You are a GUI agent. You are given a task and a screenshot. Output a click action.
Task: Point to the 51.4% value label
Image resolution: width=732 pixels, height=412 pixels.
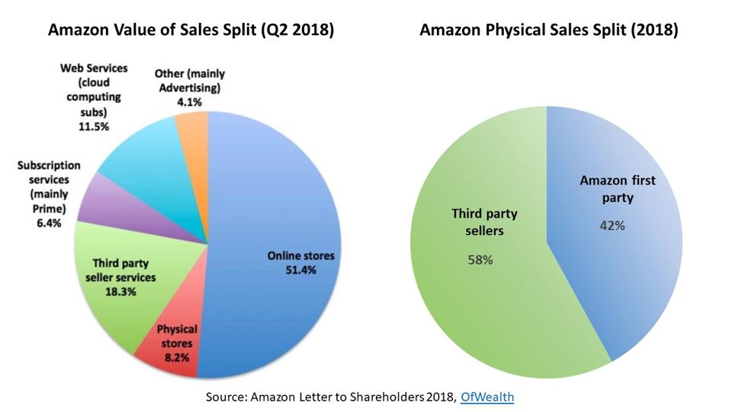click(301, 269)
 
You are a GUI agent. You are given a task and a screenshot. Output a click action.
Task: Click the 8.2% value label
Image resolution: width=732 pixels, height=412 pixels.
click(176, 356)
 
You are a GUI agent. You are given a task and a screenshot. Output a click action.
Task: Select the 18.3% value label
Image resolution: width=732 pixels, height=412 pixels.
click(120, 291)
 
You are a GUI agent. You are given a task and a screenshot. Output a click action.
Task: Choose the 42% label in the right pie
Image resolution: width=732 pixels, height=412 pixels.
click(613, 226)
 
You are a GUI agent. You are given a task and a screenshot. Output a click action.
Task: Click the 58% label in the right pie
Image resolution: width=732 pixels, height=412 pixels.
click(480, 259)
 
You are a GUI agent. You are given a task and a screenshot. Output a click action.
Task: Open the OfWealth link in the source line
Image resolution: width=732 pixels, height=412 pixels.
click(487, 398)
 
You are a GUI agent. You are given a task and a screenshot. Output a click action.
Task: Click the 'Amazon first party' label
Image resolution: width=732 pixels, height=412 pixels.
click(618, 188)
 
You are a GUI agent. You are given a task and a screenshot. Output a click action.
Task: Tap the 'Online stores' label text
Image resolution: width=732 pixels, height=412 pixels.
click(300, 256)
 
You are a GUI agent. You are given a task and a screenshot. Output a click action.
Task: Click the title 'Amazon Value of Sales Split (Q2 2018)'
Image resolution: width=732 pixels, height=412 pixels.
click(191, 31)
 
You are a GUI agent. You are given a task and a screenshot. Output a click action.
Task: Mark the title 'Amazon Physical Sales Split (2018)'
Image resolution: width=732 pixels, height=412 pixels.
click(549, 31)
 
